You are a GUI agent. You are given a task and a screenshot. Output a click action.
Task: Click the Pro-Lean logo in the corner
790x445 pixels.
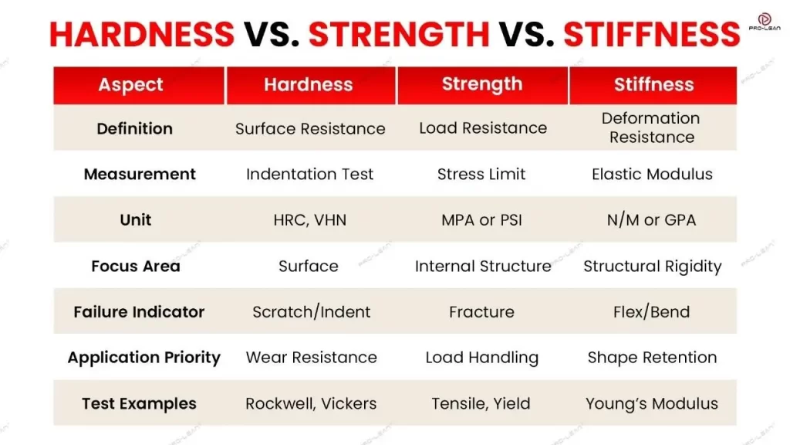[764, 22]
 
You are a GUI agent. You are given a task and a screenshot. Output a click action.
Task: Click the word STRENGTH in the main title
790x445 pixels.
[398, 35]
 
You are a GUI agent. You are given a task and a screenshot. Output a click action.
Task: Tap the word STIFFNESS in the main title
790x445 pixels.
[652, 35]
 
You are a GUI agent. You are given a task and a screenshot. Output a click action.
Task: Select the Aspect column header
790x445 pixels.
[131, 85]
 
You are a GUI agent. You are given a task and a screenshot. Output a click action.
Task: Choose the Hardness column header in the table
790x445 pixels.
[309, 85]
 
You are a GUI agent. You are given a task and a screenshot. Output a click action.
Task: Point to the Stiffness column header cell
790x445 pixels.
[653, 85]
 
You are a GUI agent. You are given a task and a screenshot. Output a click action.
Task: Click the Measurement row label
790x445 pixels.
[140, 175]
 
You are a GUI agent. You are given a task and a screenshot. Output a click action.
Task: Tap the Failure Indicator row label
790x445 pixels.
[139, 312]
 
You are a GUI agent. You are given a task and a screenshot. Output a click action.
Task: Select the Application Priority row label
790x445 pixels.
[144, 358]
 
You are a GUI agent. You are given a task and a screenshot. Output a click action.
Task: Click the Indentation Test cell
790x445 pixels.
[309, 175]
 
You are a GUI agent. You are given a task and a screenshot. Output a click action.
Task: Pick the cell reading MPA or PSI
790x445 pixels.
[481, 220]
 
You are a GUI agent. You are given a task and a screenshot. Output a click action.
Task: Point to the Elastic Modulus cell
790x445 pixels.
[652, 175]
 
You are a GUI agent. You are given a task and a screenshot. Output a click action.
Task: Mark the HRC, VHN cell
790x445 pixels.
[309, 220]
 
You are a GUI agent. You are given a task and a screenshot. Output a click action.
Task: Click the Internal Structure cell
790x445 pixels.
[483, 267]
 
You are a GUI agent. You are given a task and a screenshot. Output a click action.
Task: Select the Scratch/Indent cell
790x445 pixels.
[311, 312]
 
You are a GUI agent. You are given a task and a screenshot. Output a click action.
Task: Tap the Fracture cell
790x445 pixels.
[481, 312]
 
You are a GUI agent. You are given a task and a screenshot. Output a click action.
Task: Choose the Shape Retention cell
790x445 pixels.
[652, 358]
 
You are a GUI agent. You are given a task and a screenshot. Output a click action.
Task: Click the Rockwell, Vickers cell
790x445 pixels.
[311, 403]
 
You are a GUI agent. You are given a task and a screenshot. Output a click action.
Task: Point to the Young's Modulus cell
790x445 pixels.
[652, 403]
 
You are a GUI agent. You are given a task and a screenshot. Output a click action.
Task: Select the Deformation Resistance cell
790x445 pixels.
[652, 127]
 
